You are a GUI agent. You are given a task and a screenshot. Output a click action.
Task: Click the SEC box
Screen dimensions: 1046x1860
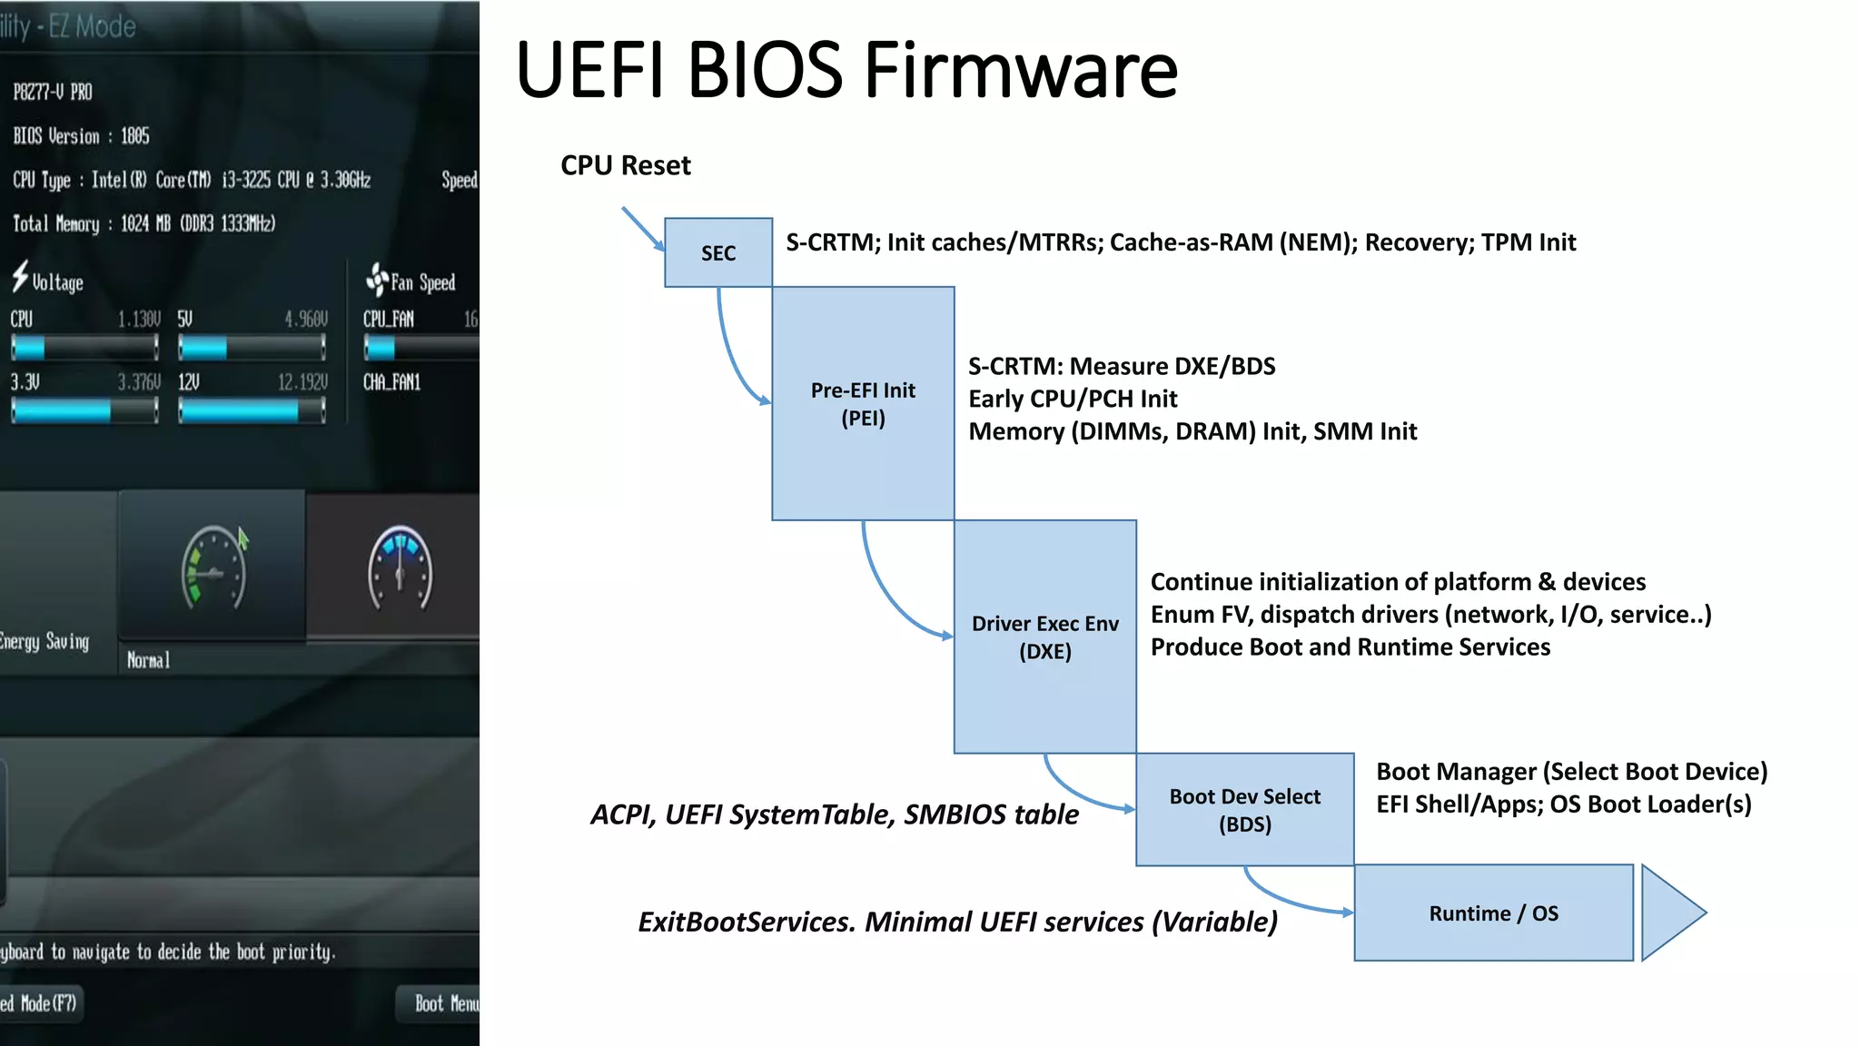point(717,252)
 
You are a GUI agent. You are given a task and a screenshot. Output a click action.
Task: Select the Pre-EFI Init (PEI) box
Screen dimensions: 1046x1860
point(862,403)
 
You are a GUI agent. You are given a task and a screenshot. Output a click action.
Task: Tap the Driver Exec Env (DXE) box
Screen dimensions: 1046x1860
point(1044,636)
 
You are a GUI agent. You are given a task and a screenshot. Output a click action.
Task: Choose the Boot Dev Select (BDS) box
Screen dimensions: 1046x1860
point(1244,809)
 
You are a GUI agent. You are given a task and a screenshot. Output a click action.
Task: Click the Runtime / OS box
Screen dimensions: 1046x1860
point(1493,913)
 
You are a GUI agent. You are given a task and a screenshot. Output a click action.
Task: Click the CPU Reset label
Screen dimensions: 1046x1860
point(625,165)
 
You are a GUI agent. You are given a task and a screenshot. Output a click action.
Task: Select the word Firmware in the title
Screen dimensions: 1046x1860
point(1021,70)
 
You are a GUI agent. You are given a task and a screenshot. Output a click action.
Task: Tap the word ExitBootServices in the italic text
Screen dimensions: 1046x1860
point(745,922)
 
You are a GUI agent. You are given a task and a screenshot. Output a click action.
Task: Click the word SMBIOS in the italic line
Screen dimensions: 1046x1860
point(955,814)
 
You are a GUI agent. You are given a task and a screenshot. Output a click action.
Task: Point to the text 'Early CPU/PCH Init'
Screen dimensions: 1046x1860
point(1072,399)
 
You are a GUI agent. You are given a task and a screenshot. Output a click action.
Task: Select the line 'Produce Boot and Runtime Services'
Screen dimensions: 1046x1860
point(1350,646)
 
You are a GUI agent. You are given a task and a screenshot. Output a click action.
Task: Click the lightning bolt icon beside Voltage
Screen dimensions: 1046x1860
point(20,277)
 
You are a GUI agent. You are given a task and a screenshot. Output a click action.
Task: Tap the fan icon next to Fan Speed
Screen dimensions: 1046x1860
point(377,280)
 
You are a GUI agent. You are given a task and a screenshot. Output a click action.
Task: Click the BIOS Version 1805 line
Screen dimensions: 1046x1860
point(81,136)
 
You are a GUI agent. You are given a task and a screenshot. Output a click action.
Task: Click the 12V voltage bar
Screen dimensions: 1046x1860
point(252,411)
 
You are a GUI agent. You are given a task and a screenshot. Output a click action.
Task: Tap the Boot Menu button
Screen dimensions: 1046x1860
point(443,1003)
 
